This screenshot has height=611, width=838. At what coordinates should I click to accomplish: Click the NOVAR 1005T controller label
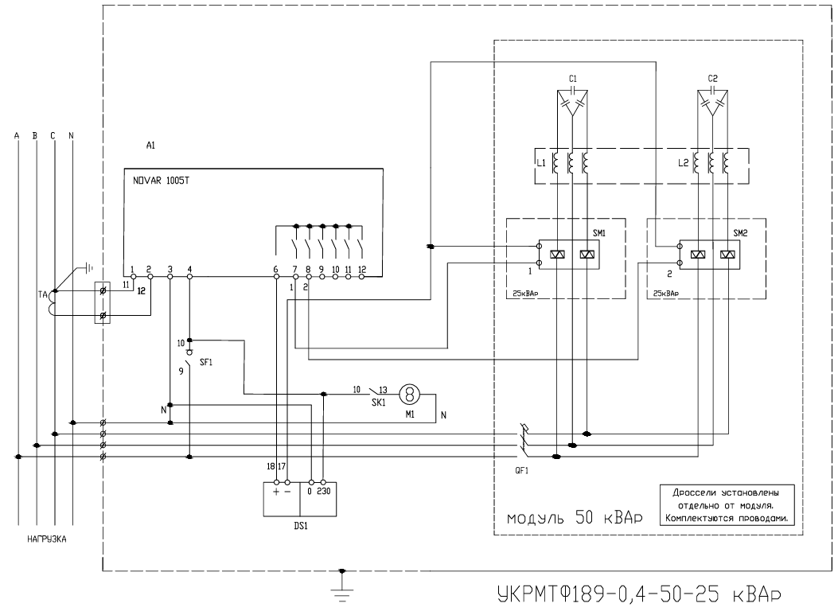(x=161, y=181)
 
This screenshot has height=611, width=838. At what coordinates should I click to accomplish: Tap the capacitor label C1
(x=573, y=79)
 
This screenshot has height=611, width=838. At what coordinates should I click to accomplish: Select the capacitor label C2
(x=712, y=79)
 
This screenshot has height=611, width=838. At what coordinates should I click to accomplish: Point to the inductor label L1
(x=541, y=163)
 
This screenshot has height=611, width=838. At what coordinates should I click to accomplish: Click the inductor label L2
(x=683, y=163)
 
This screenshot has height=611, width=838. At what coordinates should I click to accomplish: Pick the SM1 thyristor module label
(x=599, y=233)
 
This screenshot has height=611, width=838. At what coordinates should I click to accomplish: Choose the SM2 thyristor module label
(x=740, y=233)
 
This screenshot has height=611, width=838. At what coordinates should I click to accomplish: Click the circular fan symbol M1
(x=410, y=395)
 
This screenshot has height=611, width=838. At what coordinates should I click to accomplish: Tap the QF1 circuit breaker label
(x=521, y=470)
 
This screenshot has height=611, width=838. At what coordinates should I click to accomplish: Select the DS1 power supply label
(x=301, y=526)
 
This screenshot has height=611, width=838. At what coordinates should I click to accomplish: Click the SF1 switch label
(x=206, y=362)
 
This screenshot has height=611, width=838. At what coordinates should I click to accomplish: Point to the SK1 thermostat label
(x=378, y=403)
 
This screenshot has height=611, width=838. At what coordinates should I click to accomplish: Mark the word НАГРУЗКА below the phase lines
(x=47, y=539)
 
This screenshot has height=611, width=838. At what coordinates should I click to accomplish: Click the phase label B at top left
(x=35, y=136)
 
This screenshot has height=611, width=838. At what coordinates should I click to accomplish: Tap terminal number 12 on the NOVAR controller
(x=362, y=269)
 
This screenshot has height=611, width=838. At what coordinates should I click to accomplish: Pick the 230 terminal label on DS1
(x=324, y=491)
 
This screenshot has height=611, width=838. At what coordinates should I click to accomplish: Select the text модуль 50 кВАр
(x=575, y=518)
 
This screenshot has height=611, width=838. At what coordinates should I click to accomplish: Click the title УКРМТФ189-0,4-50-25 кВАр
(x=641, y=593)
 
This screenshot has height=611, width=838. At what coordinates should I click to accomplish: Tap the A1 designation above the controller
(x=150, y=146)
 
